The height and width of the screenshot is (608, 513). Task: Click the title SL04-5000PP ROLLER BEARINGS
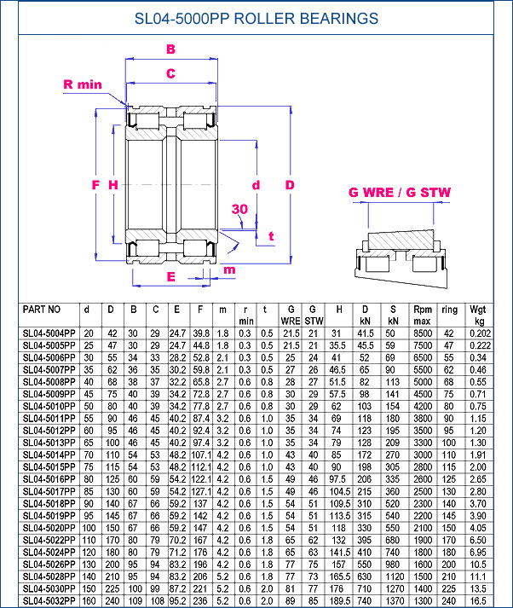coord(256,19)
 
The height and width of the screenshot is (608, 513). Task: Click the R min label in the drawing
coord(83,84)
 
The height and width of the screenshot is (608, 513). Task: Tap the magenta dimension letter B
coord(170,49)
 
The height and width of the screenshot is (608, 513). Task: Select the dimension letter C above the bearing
coord(170,72)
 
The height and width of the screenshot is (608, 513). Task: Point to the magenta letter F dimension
coord(96,184)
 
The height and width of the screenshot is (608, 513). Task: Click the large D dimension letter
coord(290,184)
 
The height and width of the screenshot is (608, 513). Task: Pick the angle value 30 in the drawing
coord(239,209)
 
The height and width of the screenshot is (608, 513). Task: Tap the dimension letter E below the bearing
coord(170,276)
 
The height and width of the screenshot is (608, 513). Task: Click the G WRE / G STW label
coord(399,192)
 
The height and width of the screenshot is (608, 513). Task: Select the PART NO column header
coord(42,309)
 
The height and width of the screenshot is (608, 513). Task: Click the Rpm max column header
coord(423,314)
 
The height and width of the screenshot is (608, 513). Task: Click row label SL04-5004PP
coord(49,333)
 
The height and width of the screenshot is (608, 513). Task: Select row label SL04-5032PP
coord(49,600)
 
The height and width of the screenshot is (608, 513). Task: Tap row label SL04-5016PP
coord(49,479)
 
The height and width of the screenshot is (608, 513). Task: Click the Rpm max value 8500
coord(423,333)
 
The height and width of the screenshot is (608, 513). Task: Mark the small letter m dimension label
coord(228,270)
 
